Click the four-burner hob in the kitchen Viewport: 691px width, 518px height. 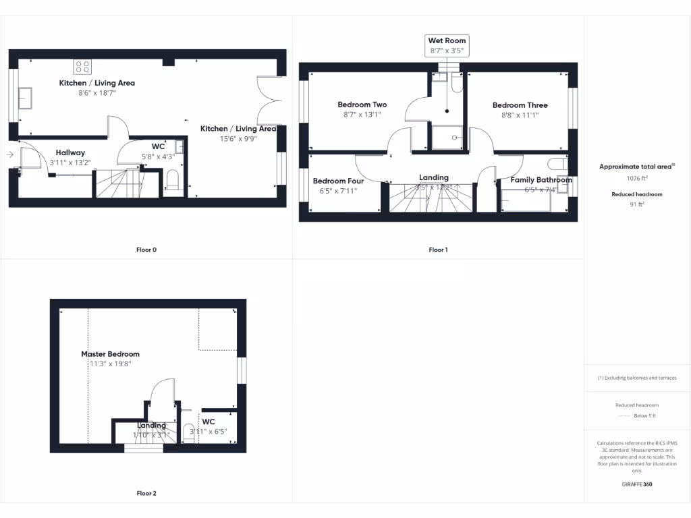click(82, 66)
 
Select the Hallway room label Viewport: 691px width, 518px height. click(70, 153)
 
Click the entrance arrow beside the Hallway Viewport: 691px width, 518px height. click(9, 155)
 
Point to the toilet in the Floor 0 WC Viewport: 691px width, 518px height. click(171, 180)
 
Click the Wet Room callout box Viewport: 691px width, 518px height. click(447, 45)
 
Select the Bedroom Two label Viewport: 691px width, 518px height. click(362, 105)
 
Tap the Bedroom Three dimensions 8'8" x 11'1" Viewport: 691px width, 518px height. click(520, 115)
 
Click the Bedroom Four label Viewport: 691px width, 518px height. click(338, 181)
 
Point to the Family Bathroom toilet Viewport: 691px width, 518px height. click(557, 165)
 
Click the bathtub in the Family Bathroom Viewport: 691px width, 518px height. click(533, 200)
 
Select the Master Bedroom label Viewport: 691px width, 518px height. click(110, 354)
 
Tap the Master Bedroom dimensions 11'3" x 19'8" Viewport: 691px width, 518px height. click(110, 364)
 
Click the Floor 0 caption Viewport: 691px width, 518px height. click(146, 250)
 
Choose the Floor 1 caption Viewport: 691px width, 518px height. click(438, 250)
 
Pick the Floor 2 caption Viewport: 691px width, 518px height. click(146, 494)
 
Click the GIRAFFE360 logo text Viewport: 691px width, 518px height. click(637, 484)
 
